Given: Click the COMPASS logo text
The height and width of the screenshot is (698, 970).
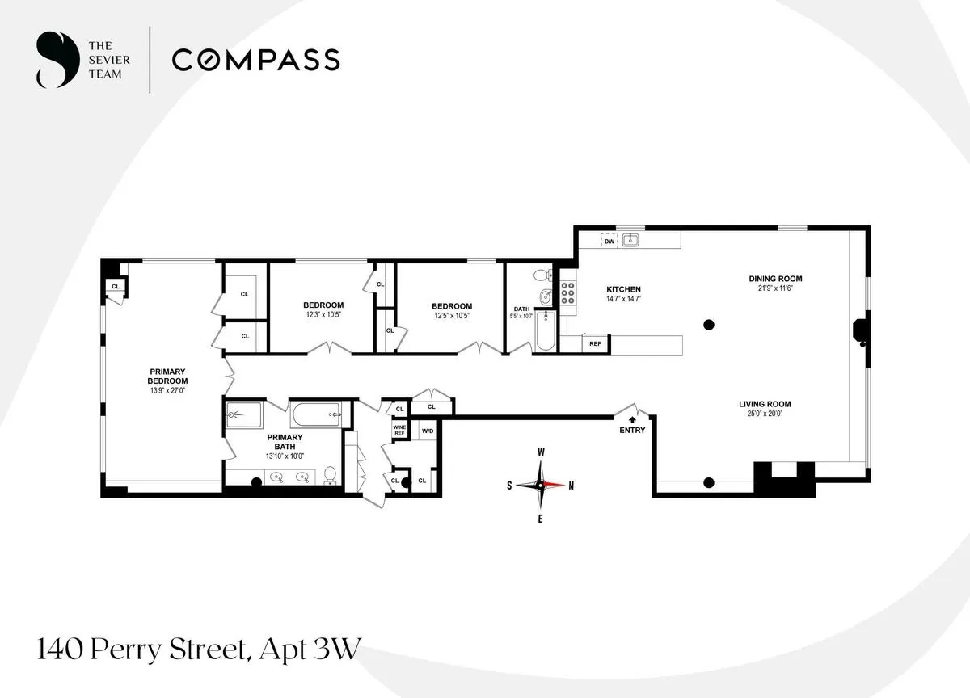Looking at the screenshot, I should (255, 60).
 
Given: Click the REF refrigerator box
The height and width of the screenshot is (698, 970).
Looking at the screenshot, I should (596, 344).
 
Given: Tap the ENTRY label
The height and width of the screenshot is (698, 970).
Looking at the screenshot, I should (632, 431).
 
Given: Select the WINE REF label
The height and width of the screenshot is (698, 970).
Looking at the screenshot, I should (399, 431).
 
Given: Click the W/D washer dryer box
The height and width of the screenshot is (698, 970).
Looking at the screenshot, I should (428, 431).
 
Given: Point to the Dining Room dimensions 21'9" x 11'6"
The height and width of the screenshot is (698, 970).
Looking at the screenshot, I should (774, 288).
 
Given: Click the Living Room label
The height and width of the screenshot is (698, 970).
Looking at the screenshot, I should (764, 404).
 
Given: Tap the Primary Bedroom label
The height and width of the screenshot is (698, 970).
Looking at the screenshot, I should (168, 376).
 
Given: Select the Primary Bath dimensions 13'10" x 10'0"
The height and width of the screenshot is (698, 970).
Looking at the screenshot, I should (285, 455).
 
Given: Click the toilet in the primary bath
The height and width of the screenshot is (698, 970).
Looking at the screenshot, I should (330, 475).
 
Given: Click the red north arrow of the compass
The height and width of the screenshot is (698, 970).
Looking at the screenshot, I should (555, 485).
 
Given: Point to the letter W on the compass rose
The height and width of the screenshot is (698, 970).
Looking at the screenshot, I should (541, 452).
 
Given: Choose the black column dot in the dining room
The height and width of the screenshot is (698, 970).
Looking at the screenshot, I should (709, 325).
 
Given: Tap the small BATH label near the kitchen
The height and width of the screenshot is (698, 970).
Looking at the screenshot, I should (521, 309).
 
